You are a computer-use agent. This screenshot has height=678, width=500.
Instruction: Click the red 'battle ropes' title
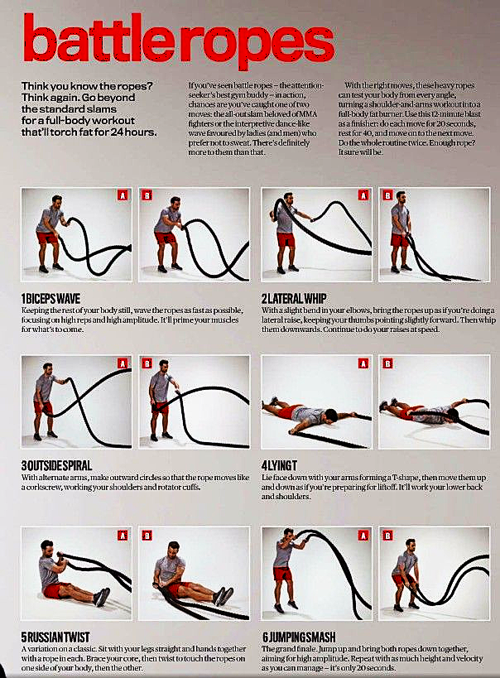coord(179,40)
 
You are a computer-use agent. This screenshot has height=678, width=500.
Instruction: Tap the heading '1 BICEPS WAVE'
coord(50,299)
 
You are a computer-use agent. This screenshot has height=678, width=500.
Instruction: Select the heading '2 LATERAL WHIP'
coord(294,298)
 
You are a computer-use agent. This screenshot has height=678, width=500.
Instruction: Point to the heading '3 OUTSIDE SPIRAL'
coord(56,466)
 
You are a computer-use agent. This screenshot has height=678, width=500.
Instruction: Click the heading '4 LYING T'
coord(279,466)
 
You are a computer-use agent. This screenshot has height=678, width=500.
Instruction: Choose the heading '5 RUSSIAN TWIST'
coord(55,637)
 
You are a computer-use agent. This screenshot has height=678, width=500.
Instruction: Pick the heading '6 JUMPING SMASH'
coord(299,637)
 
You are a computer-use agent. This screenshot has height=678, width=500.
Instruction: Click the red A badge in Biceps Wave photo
coord(123,195)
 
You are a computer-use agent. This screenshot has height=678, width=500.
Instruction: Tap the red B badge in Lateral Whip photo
coord(387,195)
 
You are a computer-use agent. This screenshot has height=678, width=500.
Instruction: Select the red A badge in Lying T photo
coord(363,363)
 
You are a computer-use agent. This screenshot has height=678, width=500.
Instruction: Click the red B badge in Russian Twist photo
coord(147,536)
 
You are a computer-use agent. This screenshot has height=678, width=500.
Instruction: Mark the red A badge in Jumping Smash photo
coord(363,536)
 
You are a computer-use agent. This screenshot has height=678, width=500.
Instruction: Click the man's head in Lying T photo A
coord(331,416)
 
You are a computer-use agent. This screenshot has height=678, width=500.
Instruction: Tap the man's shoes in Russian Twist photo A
coord(102,597)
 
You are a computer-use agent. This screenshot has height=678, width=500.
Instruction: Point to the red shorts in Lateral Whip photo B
coord(399,240)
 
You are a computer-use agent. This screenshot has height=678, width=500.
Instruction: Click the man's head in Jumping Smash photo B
coord(410,545)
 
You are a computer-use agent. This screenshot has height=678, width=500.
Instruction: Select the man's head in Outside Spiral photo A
coord(47,369)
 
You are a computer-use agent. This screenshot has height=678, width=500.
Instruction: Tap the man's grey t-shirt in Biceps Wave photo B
coord(167,220)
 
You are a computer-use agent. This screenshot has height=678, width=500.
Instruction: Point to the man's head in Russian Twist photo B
coord(174,548)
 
